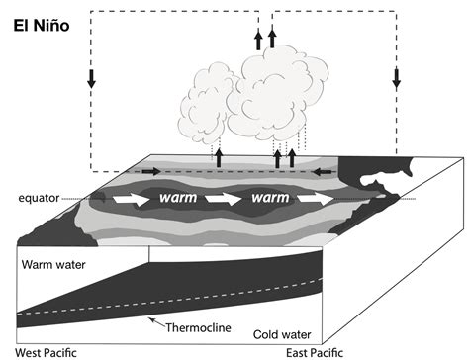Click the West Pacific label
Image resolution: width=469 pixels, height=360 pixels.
pyautogui.click(x=38, y=351)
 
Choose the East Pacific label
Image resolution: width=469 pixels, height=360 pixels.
pyautogui.click(x=313, y=351)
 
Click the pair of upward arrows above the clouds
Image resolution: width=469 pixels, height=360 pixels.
pyautogui.click(x=264, y=39)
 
